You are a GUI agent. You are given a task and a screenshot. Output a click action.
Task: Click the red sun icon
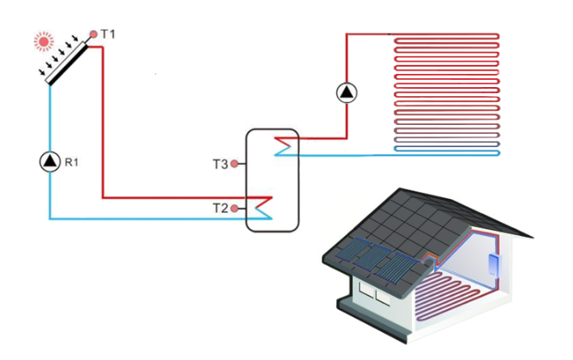coord(43,39)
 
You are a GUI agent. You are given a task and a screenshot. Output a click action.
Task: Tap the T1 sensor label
coord(109,34)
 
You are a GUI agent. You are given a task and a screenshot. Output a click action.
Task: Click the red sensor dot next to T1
coord(93,34)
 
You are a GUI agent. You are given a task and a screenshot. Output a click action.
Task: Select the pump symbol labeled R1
coord(50,161)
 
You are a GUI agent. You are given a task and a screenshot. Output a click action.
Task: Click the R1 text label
coord(72,162)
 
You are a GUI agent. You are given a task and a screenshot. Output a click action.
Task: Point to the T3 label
coord(219,164)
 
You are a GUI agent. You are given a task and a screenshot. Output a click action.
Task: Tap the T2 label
coord(219,207)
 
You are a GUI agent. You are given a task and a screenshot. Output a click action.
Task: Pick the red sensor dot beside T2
coord(234,207)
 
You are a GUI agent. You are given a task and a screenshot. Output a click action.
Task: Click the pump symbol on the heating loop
coord(347,93)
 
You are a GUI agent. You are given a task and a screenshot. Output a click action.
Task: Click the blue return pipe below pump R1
coord(50,197)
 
